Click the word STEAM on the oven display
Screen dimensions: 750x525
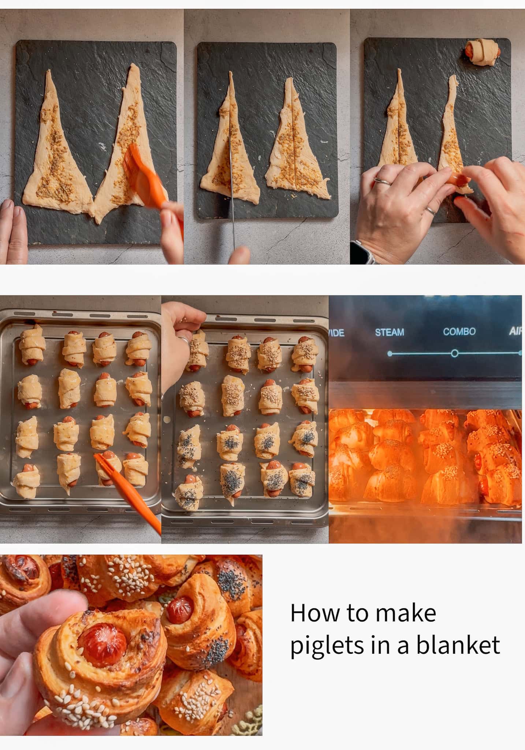click(389, 332)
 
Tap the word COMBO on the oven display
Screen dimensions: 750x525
click(459, 331)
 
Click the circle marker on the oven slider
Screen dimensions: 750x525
click(454, 353)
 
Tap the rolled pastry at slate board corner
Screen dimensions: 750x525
click(483, 53)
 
